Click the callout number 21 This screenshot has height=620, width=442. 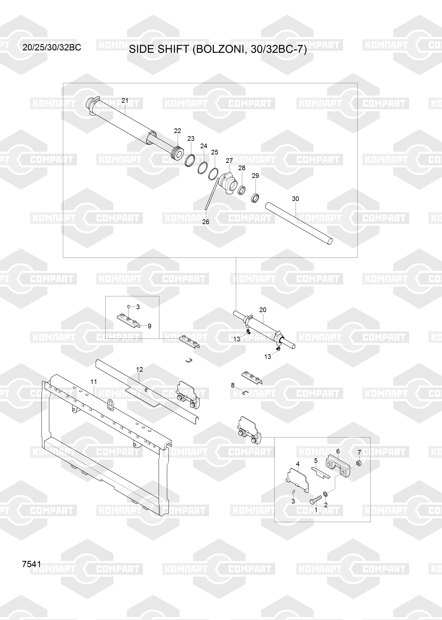125,101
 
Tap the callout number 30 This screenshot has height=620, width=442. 295,199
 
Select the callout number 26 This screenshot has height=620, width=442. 206,222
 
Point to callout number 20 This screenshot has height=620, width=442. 263,310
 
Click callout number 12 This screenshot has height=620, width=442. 139,369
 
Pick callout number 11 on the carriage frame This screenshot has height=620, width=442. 94,382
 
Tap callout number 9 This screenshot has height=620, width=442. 149,326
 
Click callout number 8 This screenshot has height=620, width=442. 233,385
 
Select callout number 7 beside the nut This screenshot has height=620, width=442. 359,452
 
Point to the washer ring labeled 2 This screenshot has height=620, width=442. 325,494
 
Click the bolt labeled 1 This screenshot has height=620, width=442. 316,499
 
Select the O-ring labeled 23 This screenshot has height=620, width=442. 190,160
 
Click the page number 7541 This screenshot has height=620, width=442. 32,564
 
